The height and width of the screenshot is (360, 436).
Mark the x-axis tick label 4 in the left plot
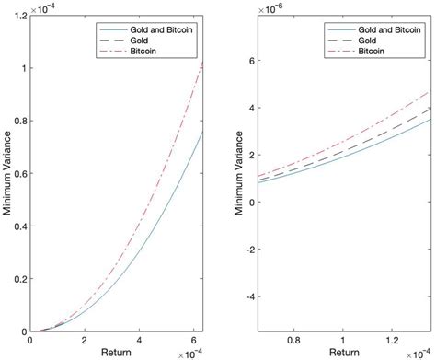point(137,341)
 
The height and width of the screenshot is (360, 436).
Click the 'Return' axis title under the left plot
point(120,353)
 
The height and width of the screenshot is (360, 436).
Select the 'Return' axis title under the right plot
point(344,353)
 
